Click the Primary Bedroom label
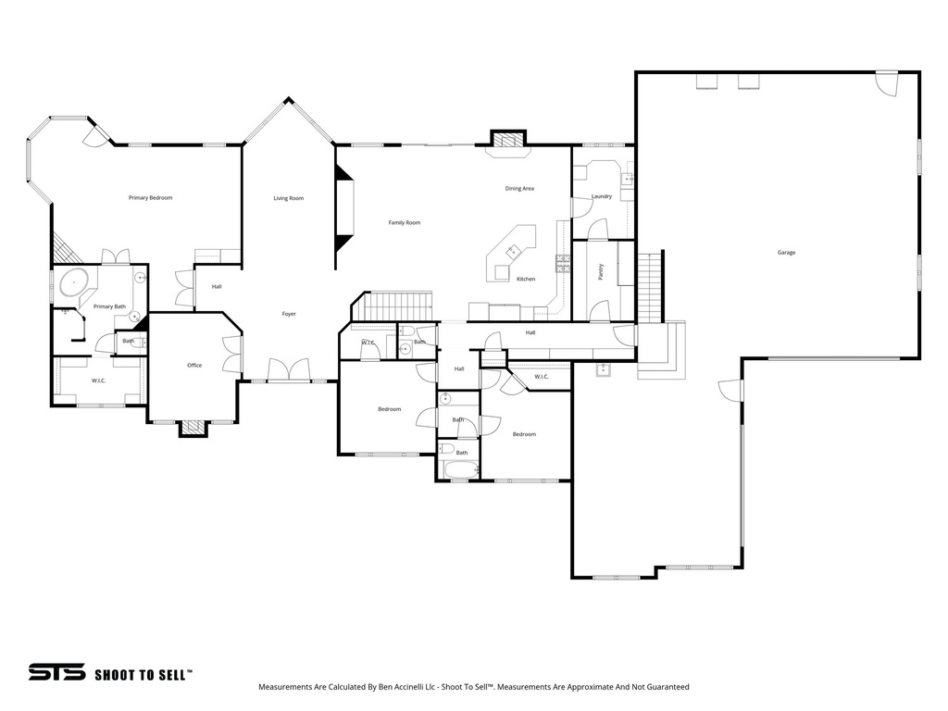(150, 198)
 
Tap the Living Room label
(288, 198)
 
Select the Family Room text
(404, 222)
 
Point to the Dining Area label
(518, 189)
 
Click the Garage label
(786, 253)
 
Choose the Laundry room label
(601, 196)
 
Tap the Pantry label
(601, 271)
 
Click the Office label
(194, 366)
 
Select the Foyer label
(289, 315)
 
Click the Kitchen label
(525, 279)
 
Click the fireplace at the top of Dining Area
(505, 141)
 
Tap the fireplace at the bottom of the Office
(193, 427)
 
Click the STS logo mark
(56, 673)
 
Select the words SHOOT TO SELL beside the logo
(143, 675)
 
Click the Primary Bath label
(109, 306)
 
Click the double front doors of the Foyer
(289, 371)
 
